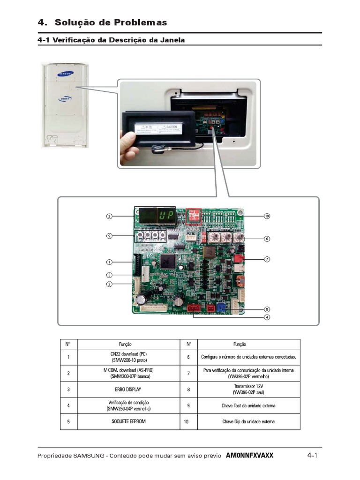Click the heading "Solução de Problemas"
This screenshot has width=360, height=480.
111,22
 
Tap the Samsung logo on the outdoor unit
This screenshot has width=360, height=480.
65,73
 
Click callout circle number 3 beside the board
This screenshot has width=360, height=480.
109,216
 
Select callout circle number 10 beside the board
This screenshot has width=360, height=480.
267,216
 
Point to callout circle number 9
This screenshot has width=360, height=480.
109,236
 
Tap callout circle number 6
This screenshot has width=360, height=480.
267,239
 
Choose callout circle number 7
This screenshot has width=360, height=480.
267,259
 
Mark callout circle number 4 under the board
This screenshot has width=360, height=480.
267,317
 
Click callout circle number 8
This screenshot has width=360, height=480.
267,309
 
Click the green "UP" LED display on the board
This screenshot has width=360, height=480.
165,216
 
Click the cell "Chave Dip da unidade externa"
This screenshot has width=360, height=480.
248,421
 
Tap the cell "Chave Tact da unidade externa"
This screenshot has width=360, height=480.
248,405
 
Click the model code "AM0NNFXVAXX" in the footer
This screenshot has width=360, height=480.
249,456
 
